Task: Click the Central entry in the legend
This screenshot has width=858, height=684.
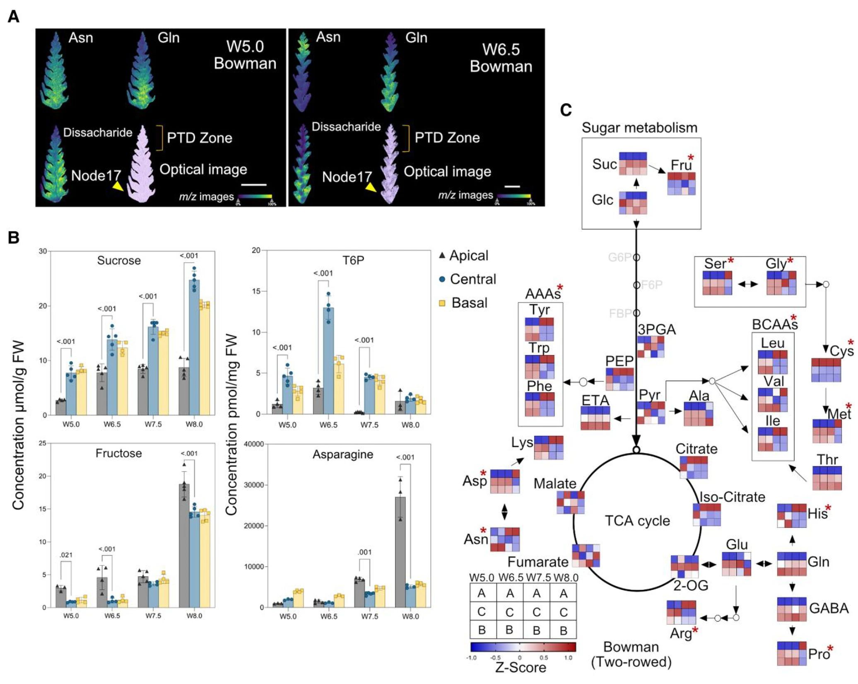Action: (x=472, y=279)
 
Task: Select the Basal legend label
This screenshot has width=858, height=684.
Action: (x=469, y=303)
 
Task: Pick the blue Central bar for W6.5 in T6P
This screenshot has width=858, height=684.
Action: (x=328, y=360)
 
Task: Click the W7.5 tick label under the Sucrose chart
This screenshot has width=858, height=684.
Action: (x=153, y=424)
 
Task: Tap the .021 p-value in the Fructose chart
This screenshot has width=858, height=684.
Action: (x=66, y=555)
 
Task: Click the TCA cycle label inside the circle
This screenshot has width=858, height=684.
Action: (x=637, y=520)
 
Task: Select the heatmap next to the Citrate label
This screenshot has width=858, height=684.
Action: (x=694, y=467)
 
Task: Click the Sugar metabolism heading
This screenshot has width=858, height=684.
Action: (x=639, y=128)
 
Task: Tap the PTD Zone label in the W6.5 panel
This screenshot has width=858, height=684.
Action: (x=447, y=138)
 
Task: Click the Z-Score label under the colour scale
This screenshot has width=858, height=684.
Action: (x=521, y=667)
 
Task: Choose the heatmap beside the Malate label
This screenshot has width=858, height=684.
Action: (x=571, y=502)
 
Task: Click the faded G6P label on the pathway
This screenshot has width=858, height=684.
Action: (x=619, y=257)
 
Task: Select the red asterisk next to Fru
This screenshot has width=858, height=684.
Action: (x=690, y=158)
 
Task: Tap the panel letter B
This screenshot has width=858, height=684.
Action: (x=13, y=238)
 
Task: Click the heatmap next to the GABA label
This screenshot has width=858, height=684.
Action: (x=792, y=609)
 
